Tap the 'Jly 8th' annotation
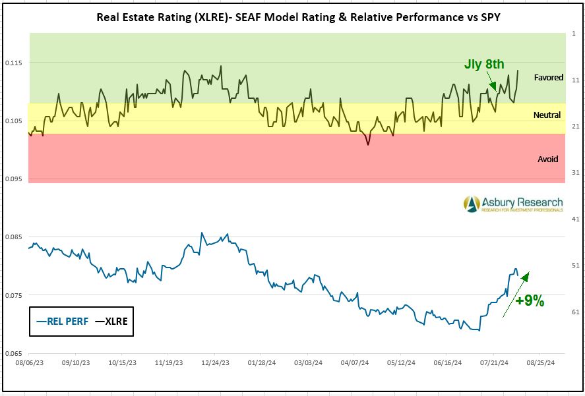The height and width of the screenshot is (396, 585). (x=485, y=64)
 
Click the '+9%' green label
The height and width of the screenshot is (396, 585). (x=530, y=301)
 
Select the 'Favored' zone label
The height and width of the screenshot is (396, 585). (x=548, y=78)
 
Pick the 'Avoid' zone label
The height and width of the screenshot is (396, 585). (x=548, y=159)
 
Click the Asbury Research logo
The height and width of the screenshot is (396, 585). (x=512, y=204)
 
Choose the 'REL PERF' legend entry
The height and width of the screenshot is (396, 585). (x=64, y=322)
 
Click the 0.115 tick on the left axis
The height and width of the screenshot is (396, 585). (x=15, y=63)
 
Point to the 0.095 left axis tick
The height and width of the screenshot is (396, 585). (x=15, y=179)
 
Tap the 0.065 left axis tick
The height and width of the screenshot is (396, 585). (x=15, y=354)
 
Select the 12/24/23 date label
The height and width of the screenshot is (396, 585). (x=216, y=362)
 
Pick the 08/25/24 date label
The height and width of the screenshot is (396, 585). (x=540, y=362)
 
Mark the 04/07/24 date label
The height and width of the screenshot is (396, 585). (x=355, y=362)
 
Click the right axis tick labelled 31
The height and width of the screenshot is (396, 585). (x=575, y=173)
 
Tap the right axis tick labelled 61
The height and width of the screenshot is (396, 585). (x=575, y=312)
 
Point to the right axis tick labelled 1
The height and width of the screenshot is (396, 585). (x=575, y=33)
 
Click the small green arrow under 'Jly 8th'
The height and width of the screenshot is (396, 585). (x=493, y=82)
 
